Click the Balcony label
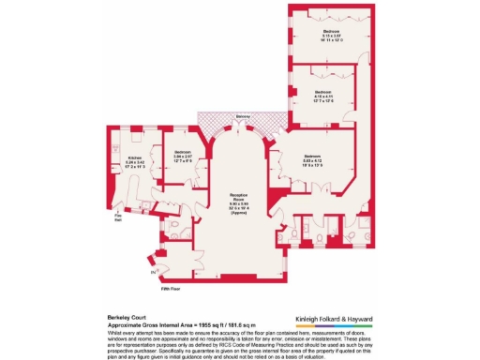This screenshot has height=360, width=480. [243, 116]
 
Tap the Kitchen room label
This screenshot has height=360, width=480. [133, 157]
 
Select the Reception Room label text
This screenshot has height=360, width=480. [239, 196]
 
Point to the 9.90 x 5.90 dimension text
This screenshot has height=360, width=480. [239, 202]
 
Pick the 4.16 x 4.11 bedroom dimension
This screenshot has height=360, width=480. [323, 97]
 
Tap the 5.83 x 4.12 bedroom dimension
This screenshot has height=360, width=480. [312, 160]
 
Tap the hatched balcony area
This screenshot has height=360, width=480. [243, 127]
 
